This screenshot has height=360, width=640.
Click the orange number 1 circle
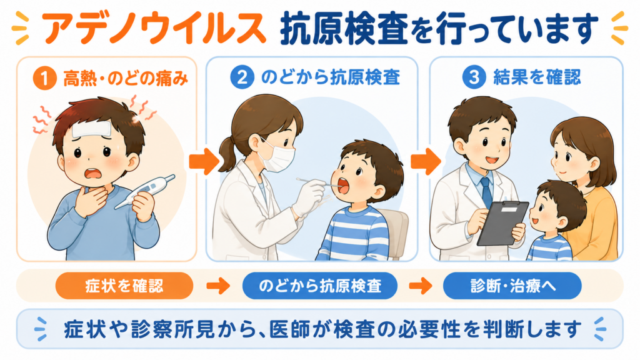coord(44,77)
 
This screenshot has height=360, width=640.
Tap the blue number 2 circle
coord(242,77)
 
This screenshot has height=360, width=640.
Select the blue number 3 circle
coord(474,77)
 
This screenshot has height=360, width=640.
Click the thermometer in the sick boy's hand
coord(144,191)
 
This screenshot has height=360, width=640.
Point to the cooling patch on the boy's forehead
coord(92,130)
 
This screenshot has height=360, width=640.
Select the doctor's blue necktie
coord(486,192)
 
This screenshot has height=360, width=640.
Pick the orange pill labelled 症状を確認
coord(124,286)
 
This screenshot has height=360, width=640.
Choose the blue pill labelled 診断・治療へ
coord(512,286)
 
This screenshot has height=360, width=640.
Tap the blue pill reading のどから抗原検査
coord(319,286)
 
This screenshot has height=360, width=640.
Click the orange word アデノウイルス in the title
coord(154,29)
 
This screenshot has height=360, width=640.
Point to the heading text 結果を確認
coord(537,77)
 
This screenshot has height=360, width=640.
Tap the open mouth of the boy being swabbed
coord(342,186)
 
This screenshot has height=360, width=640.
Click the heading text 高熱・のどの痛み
coord(126,78)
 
